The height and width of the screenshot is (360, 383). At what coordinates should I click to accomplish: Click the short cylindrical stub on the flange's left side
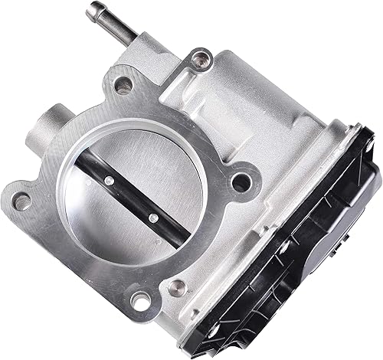pyautogui.click(x=46, y=129)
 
